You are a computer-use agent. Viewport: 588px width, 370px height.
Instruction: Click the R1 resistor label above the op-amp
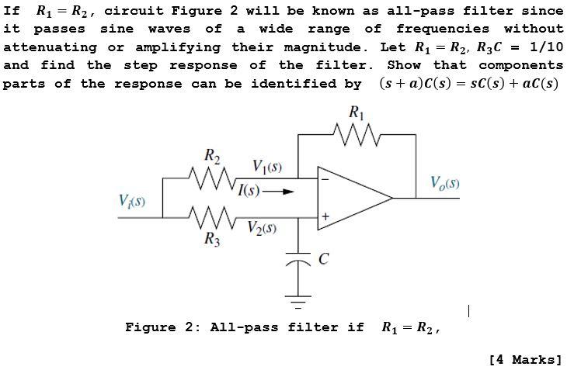(356, 112)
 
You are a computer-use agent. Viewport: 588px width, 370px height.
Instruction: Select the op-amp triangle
(353, 199)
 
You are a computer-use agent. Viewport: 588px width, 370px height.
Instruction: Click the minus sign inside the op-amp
(325, 180)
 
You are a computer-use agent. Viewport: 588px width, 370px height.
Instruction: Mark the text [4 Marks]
(525, 359)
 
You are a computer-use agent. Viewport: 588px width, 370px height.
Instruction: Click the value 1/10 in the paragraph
(545, 47)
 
